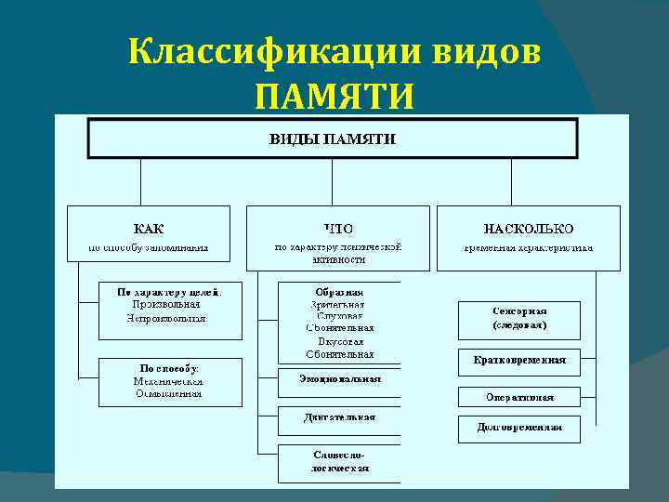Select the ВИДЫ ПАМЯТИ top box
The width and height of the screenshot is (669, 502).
point(332,139)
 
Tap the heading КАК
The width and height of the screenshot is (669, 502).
point(148,228)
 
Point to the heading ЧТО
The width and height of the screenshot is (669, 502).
point(338,228)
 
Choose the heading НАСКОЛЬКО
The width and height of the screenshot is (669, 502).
point(528,228)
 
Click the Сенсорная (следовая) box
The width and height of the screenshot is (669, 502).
point(518,319)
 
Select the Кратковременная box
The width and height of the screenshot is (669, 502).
point(518,361)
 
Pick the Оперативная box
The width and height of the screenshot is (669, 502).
point(518,397)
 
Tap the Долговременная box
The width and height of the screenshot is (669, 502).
point(518,429)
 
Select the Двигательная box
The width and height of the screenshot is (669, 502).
point(339,417)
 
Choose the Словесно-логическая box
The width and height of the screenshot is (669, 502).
point(339,462)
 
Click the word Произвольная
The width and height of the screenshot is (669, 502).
point(166,304)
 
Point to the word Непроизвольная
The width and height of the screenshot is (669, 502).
point(166,318)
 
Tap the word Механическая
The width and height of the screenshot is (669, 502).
point(168,381)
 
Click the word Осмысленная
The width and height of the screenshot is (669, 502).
point(168,394)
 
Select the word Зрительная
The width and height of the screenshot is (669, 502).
point(338,304)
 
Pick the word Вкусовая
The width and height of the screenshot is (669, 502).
point(338,341)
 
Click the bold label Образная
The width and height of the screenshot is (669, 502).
point(338,291)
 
